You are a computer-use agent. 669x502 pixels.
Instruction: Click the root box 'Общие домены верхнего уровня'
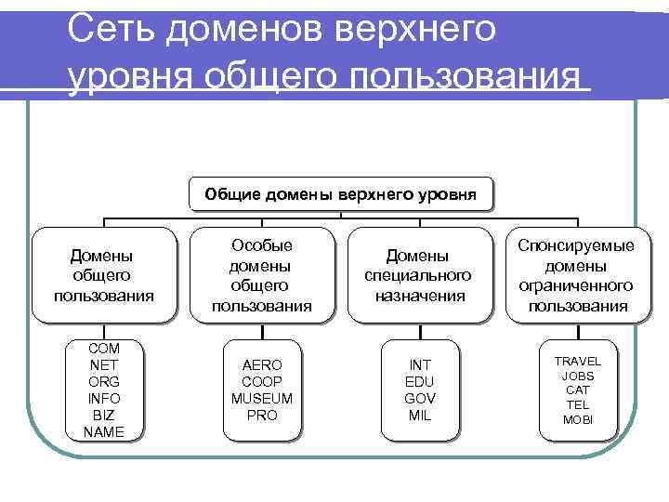pyautogui.click(x=340, y=194)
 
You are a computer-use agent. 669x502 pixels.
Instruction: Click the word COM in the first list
pyautogui.click(x=104, y=348)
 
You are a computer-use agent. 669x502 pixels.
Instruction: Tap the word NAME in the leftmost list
pyautogui.click(x=104, y=431)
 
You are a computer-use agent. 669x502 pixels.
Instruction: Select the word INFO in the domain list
pyautogui.click(x=104, y=398)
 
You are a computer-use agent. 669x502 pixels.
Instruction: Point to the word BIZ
pyautogui.click(x=104, y=415)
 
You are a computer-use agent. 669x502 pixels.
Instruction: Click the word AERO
pyautogui.click(x=262, y=364)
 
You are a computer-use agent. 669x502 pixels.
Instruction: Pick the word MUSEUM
pyautogui.click(x=262, y=398)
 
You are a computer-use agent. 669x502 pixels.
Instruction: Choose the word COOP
pyautogui.click(x=262, y=381)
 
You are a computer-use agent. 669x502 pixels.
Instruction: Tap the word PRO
pyautogui.click(x=262, y=415)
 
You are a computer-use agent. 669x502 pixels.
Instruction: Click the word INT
pyautogui.click(x=420, y=364)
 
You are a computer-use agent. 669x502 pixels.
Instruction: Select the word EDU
pyautogui.click(x=420, y=381)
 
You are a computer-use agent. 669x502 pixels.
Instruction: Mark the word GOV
pyautogui.click(x=420, y=398)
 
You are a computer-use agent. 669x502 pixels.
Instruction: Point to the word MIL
pyautogui.click(x=420, y=415)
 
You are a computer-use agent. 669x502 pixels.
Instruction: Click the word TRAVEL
pyautogui.click(x=578, y=361)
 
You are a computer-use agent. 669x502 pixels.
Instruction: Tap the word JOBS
pyautogui.click(x=578, y=376)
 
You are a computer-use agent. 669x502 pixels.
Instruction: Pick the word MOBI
pyautogui.click(x=578, y=420)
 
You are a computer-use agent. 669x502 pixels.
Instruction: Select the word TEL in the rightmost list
pyautogui.click(x=578, y=405)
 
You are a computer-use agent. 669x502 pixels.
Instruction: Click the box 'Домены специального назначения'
pyautogui.click(x=420, y=275)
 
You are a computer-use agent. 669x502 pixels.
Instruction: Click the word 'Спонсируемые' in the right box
pyautogui.click(x=576, y=245)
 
